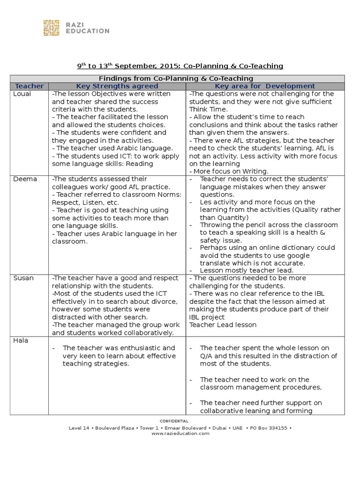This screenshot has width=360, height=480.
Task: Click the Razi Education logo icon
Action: click(51, 28)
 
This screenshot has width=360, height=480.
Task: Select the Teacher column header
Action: click(29, 86)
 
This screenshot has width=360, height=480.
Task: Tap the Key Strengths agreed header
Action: click(117, 86)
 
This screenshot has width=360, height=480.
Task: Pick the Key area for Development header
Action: click(265, 86)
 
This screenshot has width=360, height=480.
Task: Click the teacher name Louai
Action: click(22, 94)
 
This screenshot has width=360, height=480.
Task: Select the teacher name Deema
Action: click(24, 179)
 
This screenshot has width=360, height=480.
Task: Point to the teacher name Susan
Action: click(23, 278)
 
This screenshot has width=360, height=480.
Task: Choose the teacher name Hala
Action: click(21, 341)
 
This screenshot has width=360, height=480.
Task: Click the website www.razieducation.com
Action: click(180, 434)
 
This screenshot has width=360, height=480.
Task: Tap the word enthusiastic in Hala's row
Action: click(146, 348)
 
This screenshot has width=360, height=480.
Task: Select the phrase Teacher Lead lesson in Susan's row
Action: click(223, 325)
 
